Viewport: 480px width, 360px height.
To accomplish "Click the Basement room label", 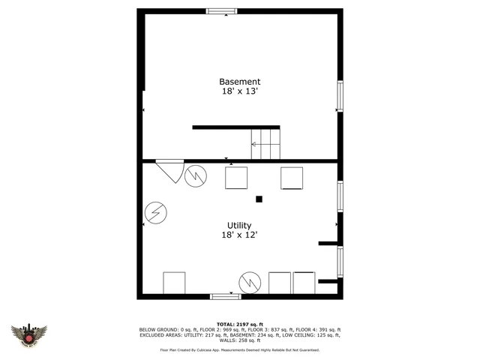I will click(240, 82).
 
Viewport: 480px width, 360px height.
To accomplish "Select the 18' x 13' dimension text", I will click(240, 91).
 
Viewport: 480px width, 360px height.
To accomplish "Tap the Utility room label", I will click(240, 225).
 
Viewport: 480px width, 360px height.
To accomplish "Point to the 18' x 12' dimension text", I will click(240, 235).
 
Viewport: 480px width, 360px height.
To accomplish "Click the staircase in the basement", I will click(265, 143).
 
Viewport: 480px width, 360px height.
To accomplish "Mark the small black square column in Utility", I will click(259, 199).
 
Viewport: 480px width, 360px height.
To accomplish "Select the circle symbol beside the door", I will click(196, 176).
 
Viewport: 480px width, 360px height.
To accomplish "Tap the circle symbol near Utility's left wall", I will click(157, 213).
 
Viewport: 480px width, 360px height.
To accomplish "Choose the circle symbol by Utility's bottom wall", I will click(250, 283).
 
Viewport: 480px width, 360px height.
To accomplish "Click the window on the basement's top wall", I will click(222, 11).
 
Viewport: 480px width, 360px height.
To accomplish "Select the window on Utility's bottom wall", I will click(225, 296).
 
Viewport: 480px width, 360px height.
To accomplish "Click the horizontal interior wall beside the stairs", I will click(235, 127).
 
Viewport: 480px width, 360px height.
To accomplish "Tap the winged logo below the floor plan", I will click(29, 334).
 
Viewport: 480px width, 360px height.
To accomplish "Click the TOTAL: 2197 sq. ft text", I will click(240, 323).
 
